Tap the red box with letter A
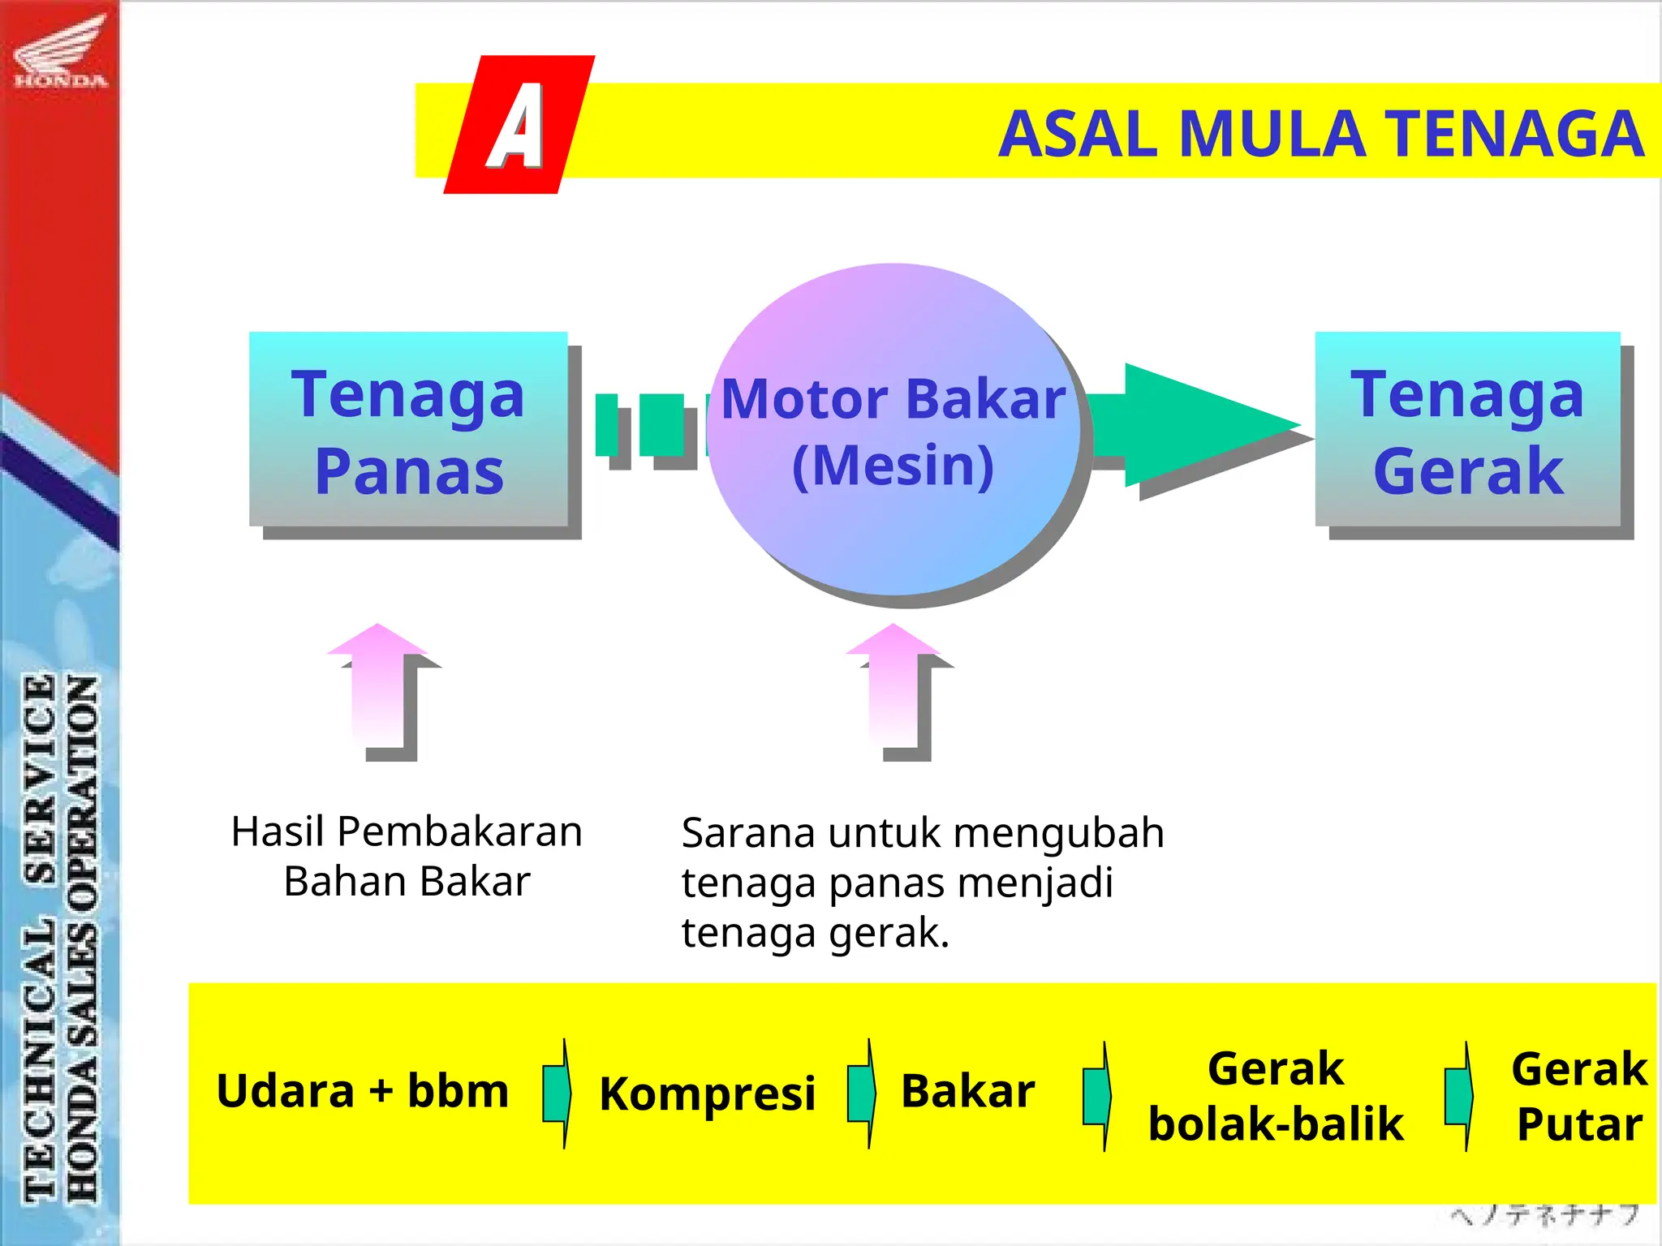519,125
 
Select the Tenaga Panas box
408,430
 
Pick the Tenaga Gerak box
1467,430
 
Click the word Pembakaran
459,831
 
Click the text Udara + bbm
362,1091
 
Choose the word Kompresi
707,1093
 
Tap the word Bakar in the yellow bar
967,1091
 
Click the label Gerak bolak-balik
1276,1096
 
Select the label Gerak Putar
1579,1096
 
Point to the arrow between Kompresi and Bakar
862,1093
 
